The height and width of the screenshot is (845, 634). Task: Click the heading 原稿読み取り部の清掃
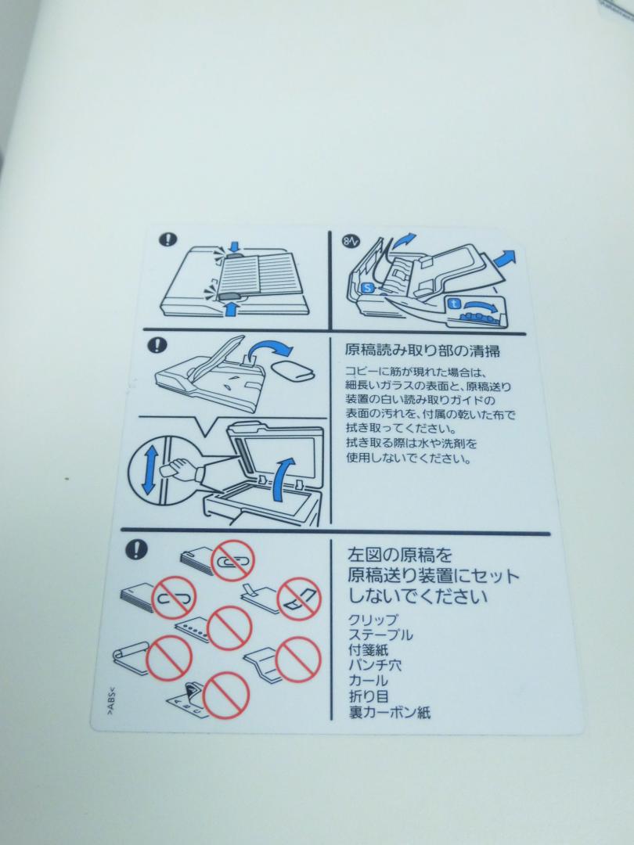point(422,351)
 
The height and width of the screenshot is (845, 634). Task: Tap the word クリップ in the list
point(373,620)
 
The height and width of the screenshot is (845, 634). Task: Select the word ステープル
point(380,635)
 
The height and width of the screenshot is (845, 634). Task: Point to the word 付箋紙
point(368,650)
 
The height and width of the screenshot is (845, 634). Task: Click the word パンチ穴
point(375,666)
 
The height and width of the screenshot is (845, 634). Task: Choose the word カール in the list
point(368,681)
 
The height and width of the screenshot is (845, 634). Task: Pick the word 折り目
point(369,696)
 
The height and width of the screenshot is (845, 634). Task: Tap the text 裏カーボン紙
point(390,712)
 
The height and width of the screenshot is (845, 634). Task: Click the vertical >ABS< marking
point(110,700)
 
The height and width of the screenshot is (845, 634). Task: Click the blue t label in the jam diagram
point(454,304)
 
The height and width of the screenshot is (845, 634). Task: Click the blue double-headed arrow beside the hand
point(149,470)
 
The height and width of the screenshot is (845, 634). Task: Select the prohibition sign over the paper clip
point(232,560)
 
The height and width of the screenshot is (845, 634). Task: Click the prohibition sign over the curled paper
point(169,658)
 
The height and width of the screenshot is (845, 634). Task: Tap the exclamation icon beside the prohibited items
point(136,550)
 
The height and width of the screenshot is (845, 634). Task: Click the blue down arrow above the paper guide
point(233,246)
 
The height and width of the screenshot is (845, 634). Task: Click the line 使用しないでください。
point(409,458)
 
